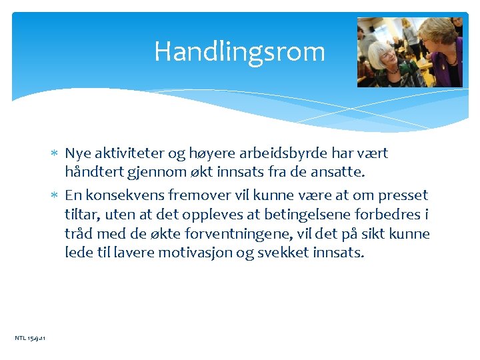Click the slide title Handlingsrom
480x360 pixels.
[239, 52]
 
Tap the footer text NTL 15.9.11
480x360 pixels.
[30, 339]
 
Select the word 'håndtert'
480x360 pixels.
[92, 172]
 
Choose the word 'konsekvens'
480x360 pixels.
[122, 195]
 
